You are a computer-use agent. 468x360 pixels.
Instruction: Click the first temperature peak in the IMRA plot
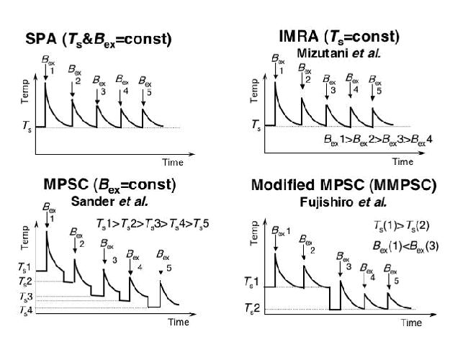[x=276, y=82]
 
